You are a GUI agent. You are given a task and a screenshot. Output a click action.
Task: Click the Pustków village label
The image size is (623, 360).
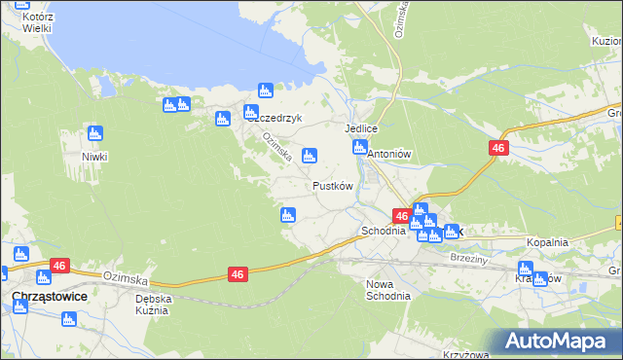[x=332, y=185]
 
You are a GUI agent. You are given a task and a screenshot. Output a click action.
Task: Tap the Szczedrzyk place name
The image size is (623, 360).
[x=275, y=119]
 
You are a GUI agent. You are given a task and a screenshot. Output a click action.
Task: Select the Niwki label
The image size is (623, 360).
[x=94, y=157]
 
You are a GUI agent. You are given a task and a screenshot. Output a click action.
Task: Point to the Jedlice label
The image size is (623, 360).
[x=360, y=128]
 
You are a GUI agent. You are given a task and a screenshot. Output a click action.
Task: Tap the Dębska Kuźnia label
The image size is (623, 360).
[x=154, y=305]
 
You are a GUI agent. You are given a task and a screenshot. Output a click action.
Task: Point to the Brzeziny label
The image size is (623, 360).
[x=471, y=258]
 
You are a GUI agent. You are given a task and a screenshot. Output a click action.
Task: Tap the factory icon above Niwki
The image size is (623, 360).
[x=94, y=133]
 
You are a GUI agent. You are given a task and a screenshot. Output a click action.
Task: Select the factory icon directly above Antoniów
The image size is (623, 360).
[x=359, y=148]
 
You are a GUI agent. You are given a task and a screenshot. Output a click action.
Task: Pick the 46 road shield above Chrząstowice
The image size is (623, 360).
[x=59, y=265]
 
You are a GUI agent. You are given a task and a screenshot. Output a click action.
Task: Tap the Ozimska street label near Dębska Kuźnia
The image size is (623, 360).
[x=124, y=278]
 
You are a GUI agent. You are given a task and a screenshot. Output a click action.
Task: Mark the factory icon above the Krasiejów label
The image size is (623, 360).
[x=527, y=269]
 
